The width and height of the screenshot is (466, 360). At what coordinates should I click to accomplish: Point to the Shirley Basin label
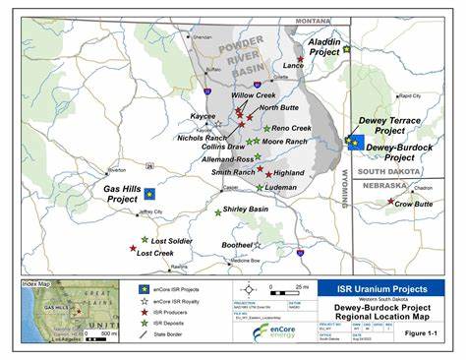247,210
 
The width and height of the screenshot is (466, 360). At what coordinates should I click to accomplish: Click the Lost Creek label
156,253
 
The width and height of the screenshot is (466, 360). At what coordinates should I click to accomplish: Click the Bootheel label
238,244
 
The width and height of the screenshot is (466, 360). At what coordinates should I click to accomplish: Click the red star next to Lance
300,59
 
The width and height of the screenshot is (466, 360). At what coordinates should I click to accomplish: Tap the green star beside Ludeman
260,187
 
